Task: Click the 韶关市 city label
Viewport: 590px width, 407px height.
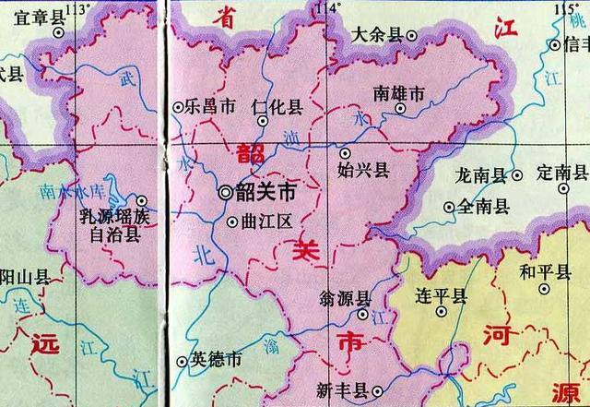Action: pos(266,194)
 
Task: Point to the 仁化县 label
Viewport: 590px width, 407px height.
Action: pos(277,107)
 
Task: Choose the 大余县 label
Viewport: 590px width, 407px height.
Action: pos(378,35)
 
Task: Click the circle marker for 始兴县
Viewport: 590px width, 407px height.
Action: pos(346,153)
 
